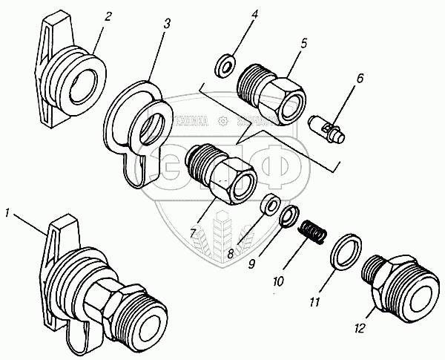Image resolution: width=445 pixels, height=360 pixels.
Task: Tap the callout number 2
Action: tap(108, 15)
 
